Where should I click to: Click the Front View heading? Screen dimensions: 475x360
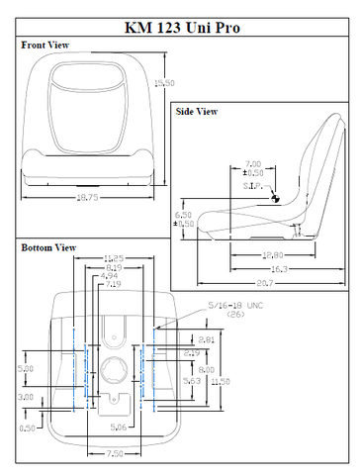pos(45,46)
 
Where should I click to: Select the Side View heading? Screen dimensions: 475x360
pos(197,112)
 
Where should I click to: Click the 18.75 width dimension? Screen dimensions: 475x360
pos(88,198)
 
